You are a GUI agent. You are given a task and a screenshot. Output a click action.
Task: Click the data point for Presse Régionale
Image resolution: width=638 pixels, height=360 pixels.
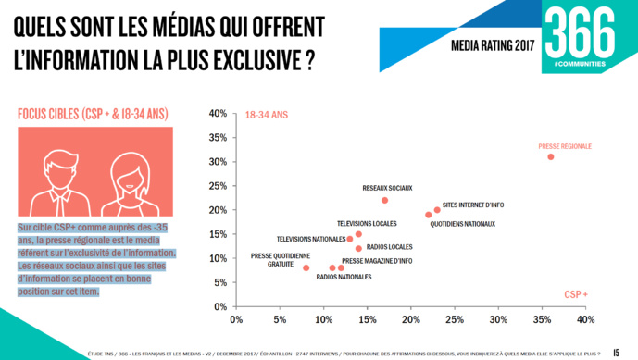pos(550,156)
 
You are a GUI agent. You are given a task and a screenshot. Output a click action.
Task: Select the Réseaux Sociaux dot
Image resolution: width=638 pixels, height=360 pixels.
pos(384,200)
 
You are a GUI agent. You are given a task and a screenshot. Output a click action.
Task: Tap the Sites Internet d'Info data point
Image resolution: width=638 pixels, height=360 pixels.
pos(437,210)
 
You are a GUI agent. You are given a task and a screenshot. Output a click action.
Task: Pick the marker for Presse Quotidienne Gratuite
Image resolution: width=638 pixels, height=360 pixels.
pos(306,267)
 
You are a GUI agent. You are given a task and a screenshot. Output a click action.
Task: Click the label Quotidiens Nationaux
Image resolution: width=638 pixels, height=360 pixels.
pos(462,224)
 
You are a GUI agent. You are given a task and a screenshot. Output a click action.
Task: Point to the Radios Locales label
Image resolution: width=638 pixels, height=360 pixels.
pos(390,247)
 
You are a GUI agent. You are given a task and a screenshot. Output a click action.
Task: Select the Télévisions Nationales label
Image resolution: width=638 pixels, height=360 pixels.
pos(310,240)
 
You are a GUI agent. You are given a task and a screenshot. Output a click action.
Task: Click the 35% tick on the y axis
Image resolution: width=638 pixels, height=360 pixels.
pos(218,138)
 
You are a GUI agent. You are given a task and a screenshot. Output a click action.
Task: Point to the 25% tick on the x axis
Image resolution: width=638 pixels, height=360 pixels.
pos(454,320)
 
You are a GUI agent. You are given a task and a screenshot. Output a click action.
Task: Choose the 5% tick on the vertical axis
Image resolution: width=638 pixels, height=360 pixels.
pos(220,282)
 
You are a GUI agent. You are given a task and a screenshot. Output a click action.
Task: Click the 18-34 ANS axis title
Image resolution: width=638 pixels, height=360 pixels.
pos(267,116)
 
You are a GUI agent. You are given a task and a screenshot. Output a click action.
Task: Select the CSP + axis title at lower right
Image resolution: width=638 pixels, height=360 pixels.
pos(576,294)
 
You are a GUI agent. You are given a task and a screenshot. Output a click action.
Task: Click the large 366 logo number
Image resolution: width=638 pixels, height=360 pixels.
pos(579,33)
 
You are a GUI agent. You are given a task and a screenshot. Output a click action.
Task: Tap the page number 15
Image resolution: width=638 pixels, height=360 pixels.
pos(616,351)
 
